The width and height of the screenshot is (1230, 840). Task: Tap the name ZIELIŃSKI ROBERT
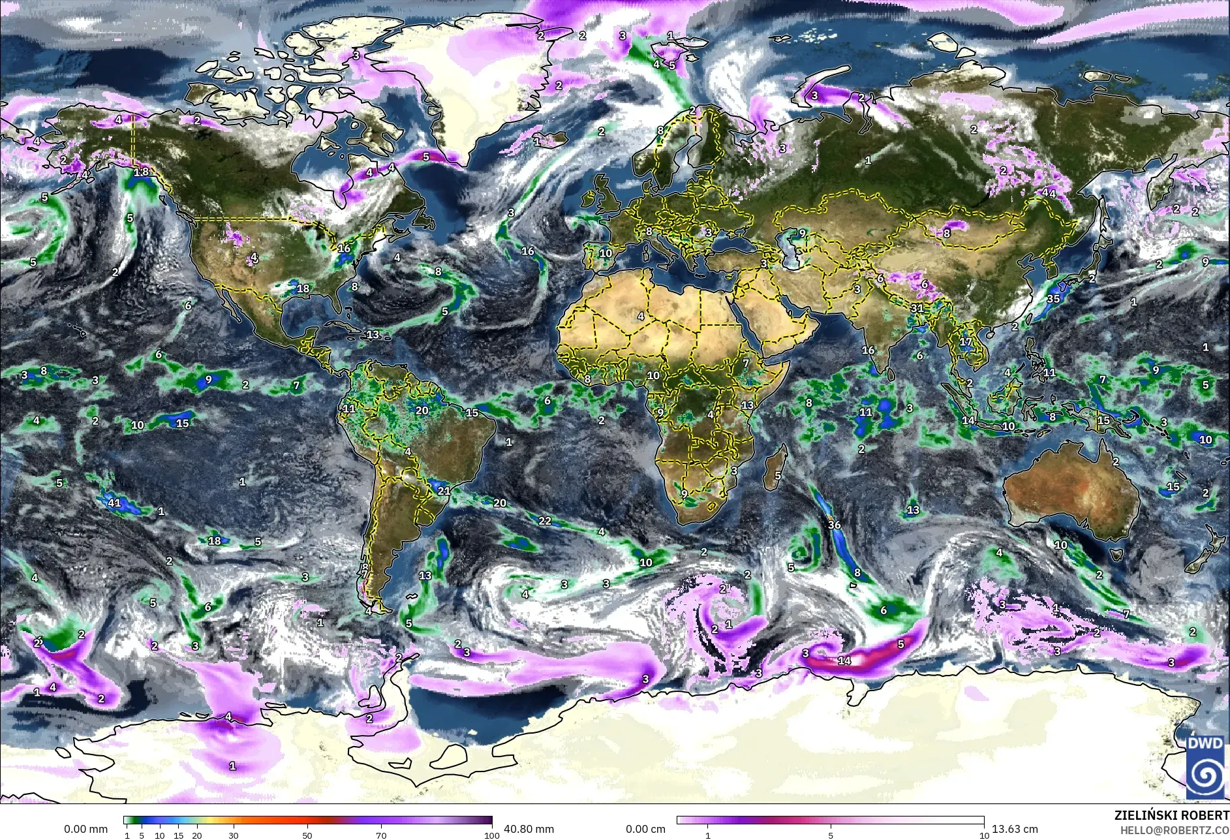(x=1172, y=816)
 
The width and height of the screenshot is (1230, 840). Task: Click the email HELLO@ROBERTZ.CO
(x=1175, y=830)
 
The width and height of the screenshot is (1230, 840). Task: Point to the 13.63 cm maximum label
(x=1015, y=829)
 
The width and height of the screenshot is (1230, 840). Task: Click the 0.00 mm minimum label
(x=85, y=829)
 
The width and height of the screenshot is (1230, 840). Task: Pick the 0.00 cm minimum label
(x=645, y=829)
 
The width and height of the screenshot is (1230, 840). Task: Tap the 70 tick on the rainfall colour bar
(x=382, y=835)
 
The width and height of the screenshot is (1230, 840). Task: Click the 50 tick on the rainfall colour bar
(x=307, y=835)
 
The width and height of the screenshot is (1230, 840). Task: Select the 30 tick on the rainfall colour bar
(x=234, y=835)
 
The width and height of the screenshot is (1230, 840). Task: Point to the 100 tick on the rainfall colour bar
(x=492, y=835)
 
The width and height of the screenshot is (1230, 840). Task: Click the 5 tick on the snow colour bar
(x=831, y=835)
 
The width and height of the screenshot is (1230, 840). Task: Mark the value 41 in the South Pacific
(x=115, y=503)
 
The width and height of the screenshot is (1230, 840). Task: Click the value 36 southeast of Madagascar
(x=834, y=525)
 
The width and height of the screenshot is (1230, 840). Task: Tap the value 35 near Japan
(x=1053, y=299)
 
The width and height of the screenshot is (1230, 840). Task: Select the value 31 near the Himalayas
(x=917, y=308)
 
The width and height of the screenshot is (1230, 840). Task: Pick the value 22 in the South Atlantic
(x=545, y=521)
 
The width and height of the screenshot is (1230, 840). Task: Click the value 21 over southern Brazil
(x=444, y=491)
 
